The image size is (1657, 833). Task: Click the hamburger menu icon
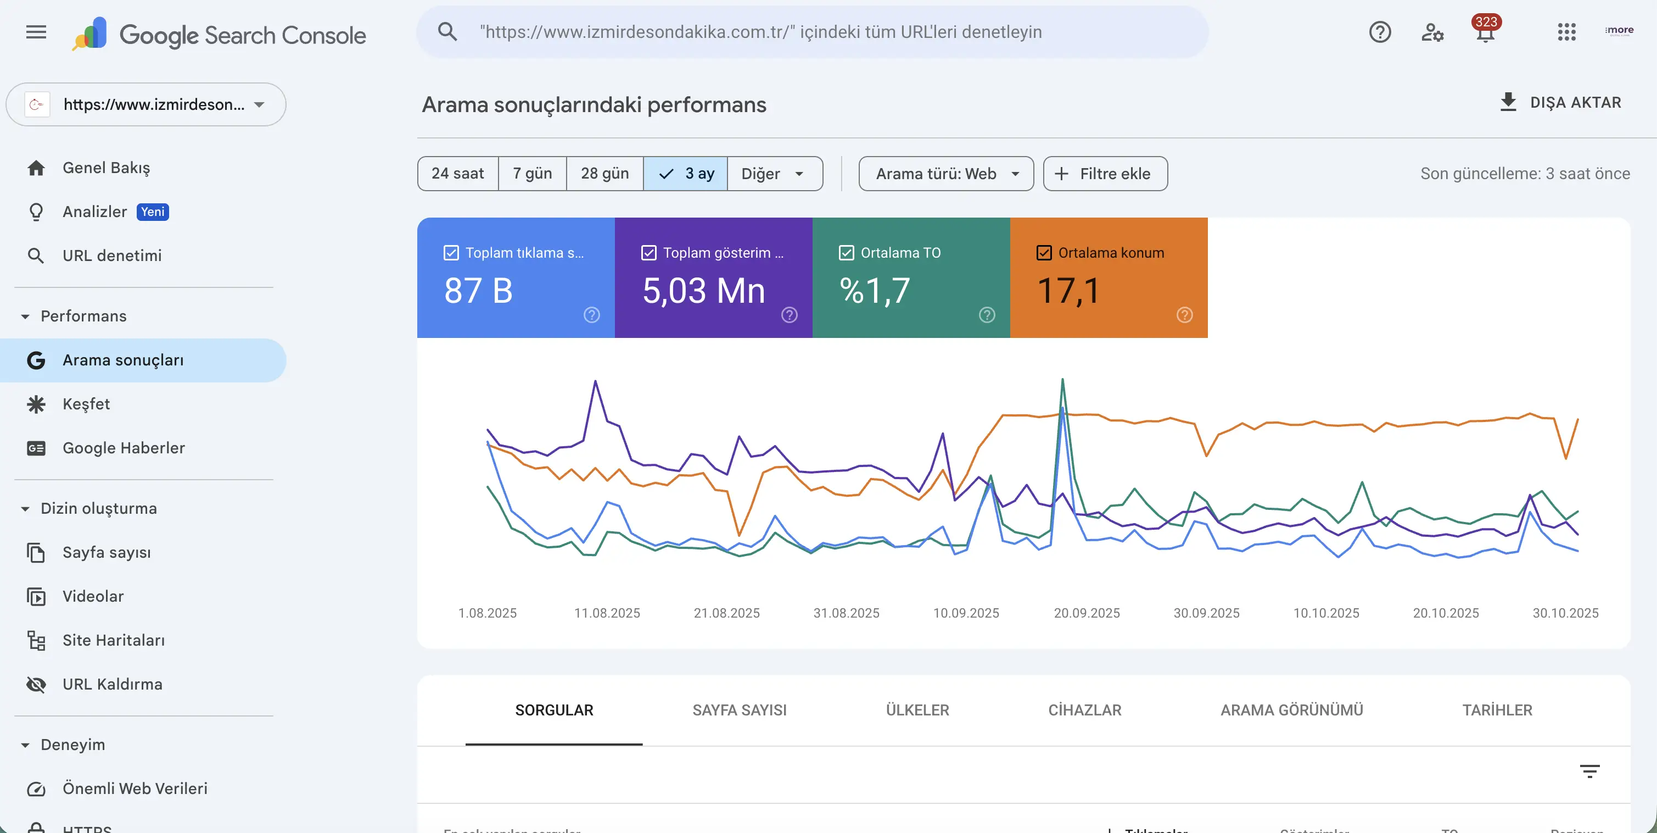(x=36, y=32)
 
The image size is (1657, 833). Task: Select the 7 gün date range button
(x=532, y=174)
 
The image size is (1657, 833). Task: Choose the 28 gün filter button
(x=604, y=174)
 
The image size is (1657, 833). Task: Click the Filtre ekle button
(x=1105, y=174)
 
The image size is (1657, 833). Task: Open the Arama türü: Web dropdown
(x=945, y=174)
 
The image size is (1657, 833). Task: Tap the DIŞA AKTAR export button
(x=1560, y=103)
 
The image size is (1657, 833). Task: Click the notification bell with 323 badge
(x=1485, y=32)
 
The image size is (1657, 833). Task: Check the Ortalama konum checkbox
(x=1044, y=253)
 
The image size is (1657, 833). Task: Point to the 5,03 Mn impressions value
(x=704, y=291)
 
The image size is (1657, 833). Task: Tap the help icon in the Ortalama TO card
(x=987, y=315)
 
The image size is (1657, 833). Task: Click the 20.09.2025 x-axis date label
(x=1087, y=613)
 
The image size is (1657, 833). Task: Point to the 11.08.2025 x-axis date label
(x=607, y=613)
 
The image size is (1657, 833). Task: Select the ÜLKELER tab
(x=917, y=710)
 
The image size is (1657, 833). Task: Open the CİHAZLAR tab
(x=1084, y=710)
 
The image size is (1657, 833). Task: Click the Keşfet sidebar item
(x=86, y=404)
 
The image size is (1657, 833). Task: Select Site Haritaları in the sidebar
(x=113, y=641)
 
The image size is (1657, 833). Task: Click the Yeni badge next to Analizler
(x=153, y=212)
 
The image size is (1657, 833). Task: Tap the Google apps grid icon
(x=1566, y=32)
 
